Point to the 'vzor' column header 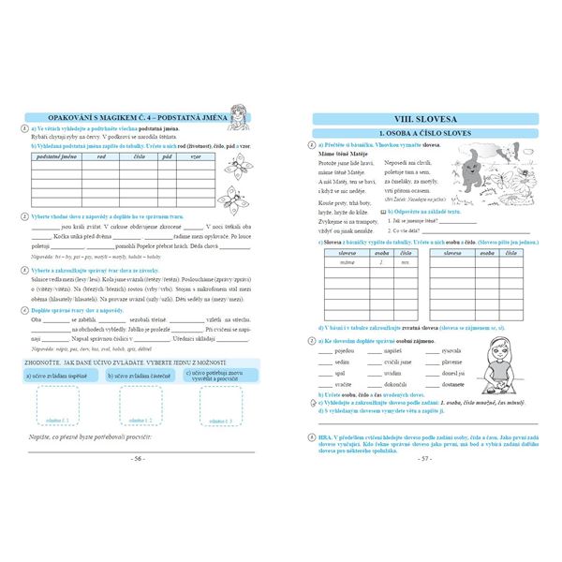[x=195, y=158]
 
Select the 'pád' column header [x=167, y=158]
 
